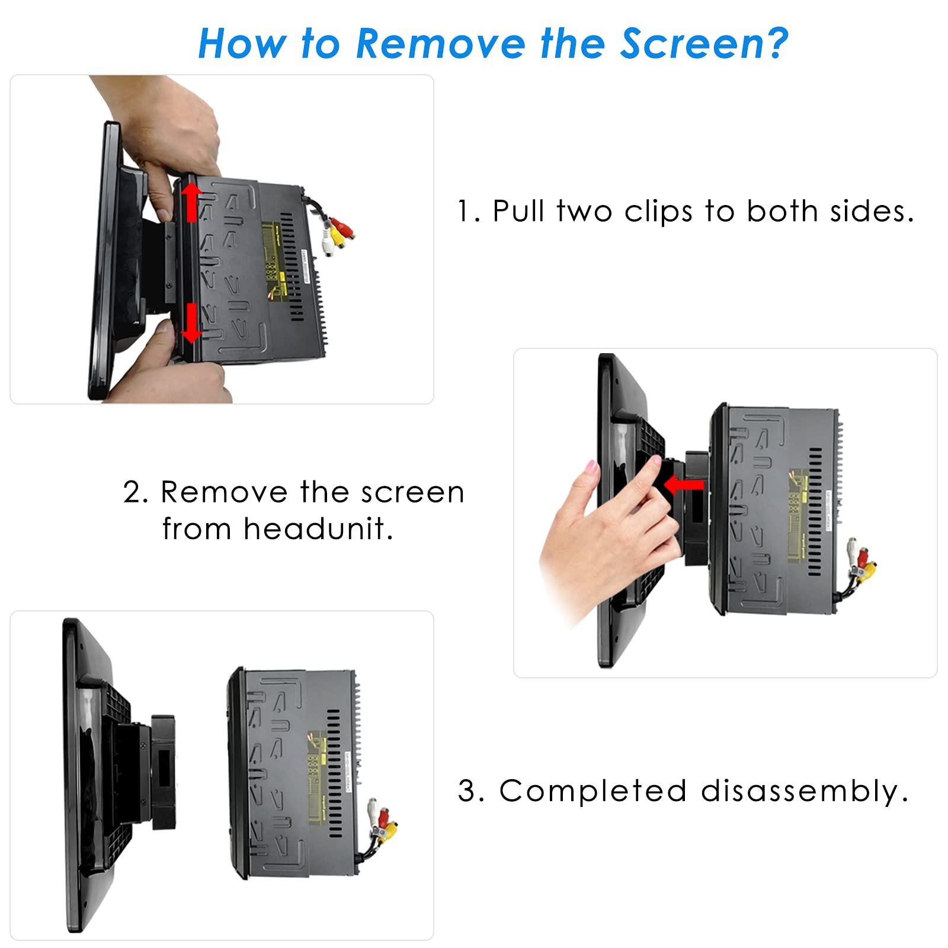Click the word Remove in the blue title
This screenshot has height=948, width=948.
[x=441, y=43]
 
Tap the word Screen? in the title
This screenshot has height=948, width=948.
[x=704, y=43]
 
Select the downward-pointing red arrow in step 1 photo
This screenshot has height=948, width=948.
[x=191, y=323]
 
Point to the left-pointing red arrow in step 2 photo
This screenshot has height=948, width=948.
[x=684, y=485]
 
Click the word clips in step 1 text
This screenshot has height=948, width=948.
[x=658, y=212]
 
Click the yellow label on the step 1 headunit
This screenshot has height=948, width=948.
[x=273, y=260]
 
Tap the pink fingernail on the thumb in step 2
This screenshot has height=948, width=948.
[x=591, y=468]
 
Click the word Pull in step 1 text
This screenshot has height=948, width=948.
[x=518, y=212]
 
